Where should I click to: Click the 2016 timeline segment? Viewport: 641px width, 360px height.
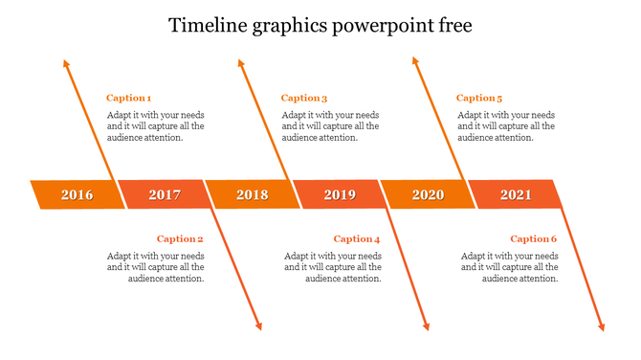click(x=77, y=194)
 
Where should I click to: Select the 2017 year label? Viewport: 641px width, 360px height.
click(x=165, y=194)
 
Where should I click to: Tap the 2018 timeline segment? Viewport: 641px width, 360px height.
click(x=253, y=194)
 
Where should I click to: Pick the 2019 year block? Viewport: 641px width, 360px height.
click(x=340, y=194)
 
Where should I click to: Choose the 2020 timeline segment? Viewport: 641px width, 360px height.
click(x=428, y=194)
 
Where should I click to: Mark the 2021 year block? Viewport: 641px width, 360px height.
click(x=516, y=194)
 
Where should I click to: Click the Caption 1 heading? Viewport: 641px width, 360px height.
click(x=128, y=98)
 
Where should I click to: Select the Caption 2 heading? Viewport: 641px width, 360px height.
click(x=180, y=238)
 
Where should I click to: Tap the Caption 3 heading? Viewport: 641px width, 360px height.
click(x=304, y=98)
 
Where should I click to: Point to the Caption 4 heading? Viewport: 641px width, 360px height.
click(x=357, y=238)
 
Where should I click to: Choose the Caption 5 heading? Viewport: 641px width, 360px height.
click(x=479, y=98)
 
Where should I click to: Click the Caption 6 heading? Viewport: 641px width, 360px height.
click(x=533, y=238)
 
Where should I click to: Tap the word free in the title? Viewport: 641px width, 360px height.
click(x=453, y=25)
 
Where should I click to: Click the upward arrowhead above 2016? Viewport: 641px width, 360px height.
click(x=66, y=64)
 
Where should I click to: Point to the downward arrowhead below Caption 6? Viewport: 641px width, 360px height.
click(x=602, y=326)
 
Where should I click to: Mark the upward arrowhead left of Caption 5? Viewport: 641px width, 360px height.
click(x=415, y=61)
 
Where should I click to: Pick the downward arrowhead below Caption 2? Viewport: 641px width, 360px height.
click(x=258, y=326)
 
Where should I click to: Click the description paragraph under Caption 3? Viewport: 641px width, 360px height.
click(x=330, y=125)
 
